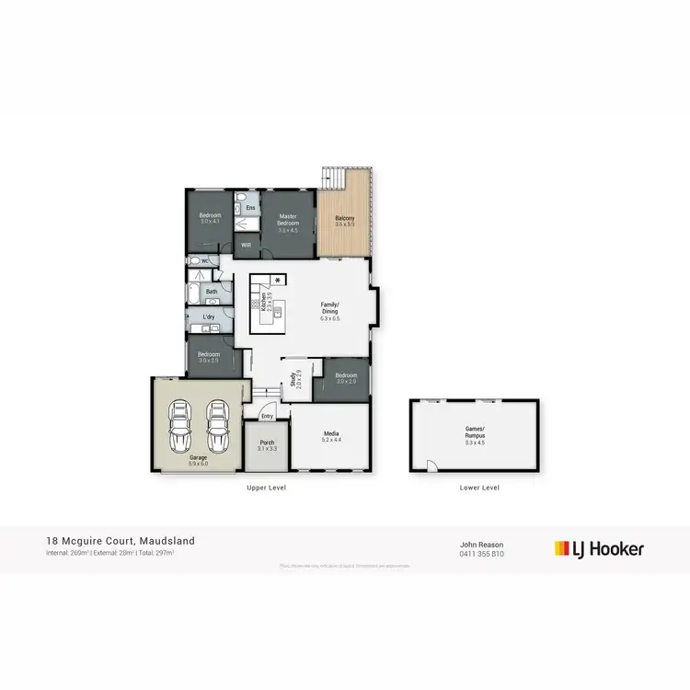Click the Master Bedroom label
[288, 220]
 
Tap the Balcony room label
[344, 220]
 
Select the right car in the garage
[216, 420]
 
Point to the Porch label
[268, 444]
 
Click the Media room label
[331, 436]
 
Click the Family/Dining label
[330, 311]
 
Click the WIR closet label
[247, 246]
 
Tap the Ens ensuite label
[250, 208]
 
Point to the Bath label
[212, 293]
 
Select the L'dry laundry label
[208, 317]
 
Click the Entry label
[267, 417]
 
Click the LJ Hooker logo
[599, 549]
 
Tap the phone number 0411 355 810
[482, 553]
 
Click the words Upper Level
[267, 488]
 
